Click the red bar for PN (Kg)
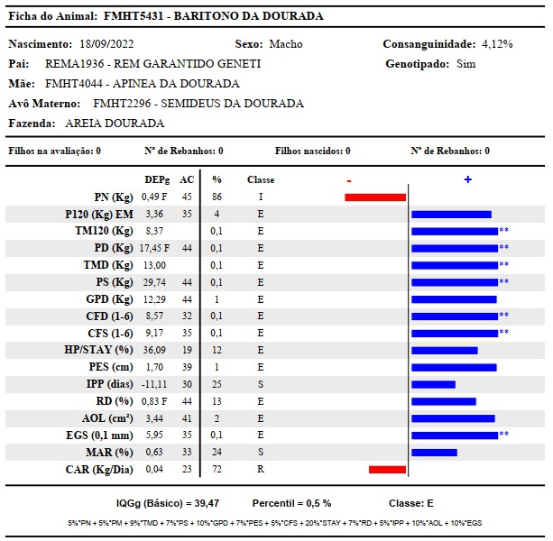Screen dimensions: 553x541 [375, 197]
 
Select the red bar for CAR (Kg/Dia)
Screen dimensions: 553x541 [387, 470]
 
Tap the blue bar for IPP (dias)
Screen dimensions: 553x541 [433, 384]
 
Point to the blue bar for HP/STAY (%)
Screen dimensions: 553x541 [445, 351]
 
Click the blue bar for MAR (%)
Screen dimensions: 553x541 [434, 453]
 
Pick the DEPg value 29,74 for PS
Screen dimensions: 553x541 [154, 282]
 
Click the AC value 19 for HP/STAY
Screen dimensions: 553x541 [187, 350]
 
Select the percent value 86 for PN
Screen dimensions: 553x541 [217, 197]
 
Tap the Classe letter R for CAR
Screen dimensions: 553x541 [261, 469]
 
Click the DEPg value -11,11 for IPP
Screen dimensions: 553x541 [154, 384]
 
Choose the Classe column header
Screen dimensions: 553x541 [261, 179]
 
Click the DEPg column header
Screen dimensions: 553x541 [157, 179]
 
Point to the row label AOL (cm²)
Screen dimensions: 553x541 [107, 418]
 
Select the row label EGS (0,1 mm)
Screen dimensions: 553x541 [99, 436]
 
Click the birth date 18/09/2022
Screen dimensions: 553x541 [106, 44]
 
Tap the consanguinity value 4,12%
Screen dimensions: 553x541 [497, 44]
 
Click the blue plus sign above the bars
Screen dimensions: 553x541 [468, 179]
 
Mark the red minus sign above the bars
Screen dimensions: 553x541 [349, 181]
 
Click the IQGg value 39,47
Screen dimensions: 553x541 [207, 503]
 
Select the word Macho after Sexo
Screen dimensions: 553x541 [286, 44]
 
